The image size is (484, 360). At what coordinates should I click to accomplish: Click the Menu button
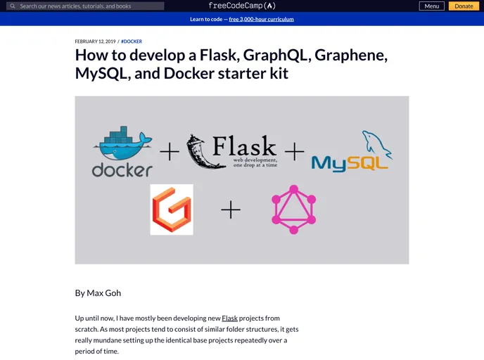point(432,6)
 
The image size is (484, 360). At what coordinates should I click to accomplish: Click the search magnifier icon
point(12,6)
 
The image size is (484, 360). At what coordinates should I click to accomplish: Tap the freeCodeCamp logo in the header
point(241,6)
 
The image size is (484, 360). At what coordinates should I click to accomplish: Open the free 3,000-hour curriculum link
point(261,19)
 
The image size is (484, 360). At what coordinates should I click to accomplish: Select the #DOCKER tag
point(132,41)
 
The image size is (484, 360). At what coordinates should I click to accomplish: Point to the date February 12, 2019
point(95,41)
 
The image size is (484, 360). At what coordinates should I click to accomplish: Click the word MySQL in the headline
point(99,73)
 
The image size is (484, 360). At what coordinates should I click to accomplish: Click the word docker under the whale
point(122,169)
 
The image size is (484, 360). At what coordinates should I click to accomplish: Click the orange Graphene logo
point(172,210)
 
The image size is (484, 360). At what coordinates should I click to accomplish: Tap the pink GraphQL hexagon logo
point(293,210)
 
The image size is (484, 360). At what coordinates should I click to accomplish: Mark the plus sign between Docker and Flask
point(170,151)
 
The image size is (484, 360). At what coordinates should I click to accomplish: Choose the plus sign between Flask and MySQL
point(294,151)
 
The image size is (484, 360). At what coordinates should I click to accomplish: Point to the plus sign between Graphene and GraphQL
point(231,210)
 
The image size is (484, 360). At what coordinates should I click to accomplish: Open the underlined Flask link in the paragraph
point(230,319)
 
